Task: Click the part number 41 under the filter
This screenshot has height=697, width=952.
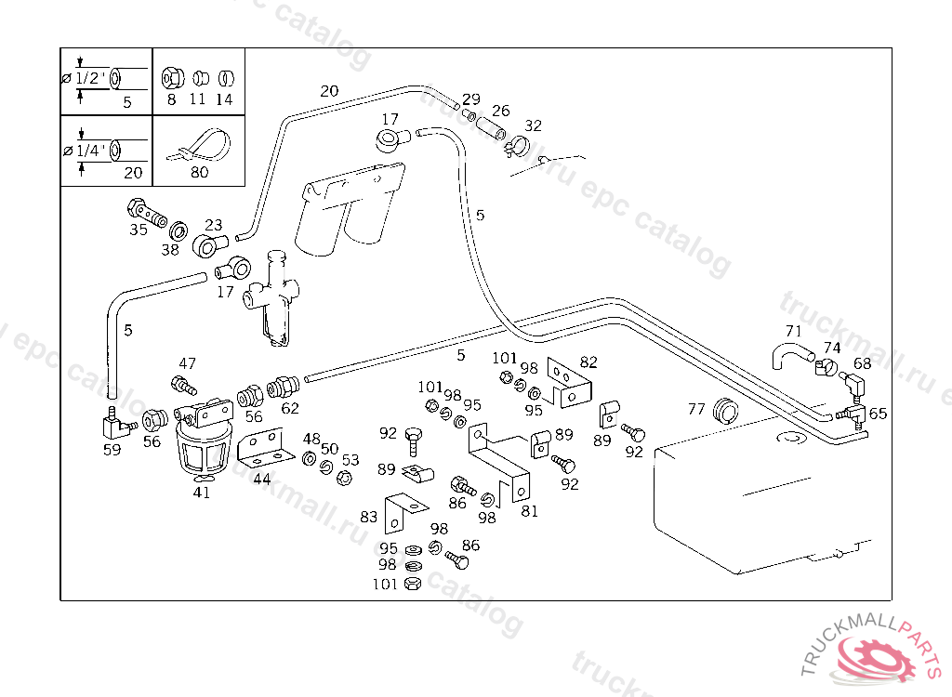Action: coord(202,493)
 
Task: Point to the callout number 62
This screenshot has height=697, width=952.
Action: coord(290,407)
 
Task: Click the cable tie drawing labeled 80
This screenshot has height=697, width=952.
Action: coord(198,149)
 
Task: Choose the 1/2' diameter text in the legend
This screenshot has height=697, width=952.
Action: coord(90,78)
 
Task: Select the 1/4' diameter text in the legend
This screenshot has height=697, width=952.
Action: coord(90,150)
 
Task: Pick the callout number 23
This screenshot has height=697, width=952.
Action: coord(214,225)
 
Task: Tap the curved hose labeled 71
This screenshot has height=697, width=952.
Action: coord(790,354)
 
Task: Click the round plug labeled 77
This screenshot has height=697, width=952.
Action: coord(724,410)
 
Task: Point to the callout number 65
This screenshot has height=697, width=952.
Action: coord(878,414)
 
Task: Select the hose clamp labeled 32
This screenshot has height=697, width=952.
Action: coord(516,144)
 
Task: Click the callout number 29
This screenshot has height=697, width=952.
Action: coord(471,99)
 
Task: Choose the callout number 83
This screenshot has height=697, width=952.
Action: coord(369,517)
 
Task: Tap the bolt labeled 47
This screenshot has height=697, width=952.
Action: coord(183,383)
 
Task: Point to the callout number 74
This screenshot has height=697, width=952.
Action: coord(832,348)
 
